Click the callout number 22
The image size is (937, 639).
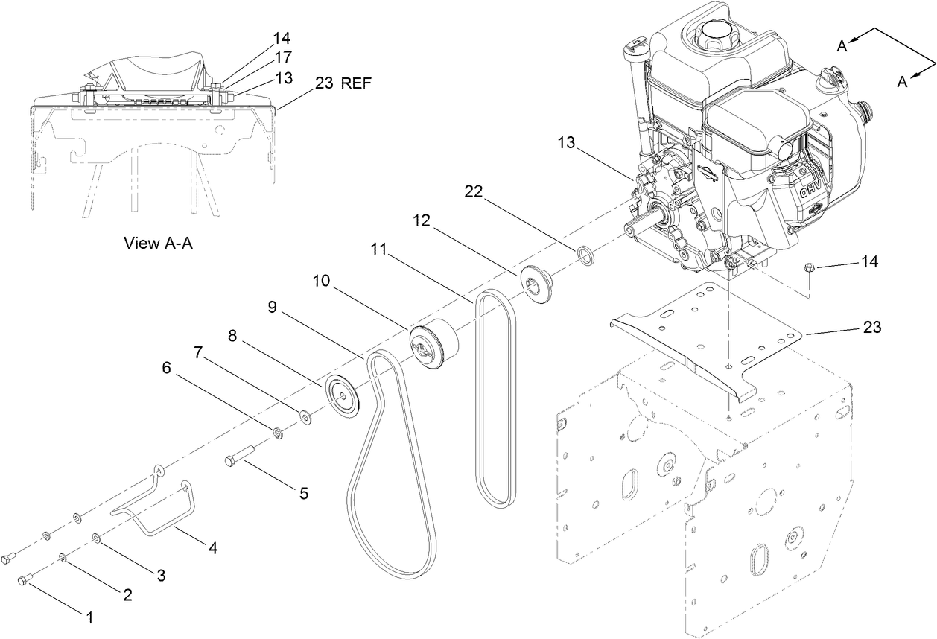(x=473, y=191)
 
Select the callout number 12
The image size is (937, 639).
(x=422, y=221)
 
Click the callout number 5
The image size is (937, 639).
(x=302, y=492)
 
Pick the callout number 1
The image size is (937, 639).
(x=90, y=617)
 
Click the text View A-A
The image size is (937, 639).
(x=158, y=243)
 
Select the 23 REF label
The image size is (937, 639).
(x=342, y=83)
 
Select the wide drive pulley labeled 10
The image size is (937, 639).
(x=434, y=343)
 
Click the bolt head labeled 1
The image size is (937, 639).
(x=27, y=579)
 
